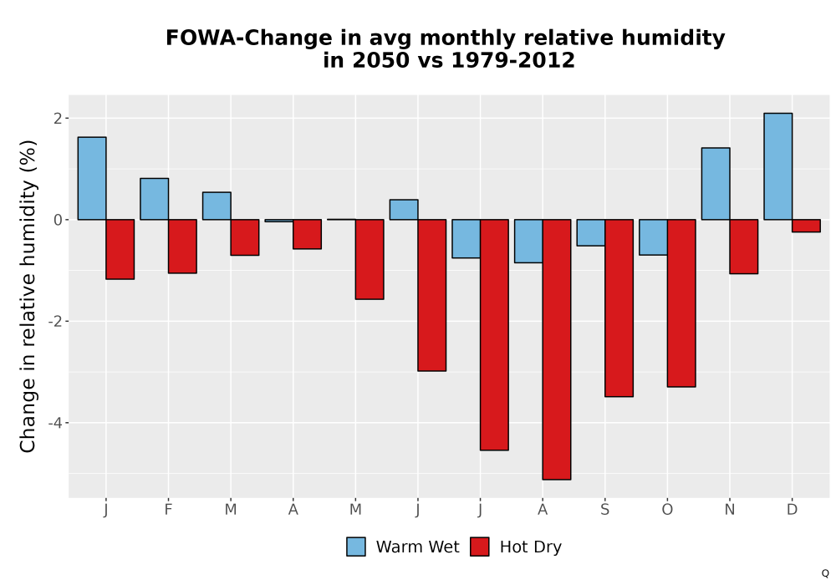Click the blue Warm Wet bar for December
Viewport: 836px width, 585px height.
[x=777, y=166]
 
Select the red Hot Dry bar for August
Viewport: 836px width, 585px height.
[x=557, y=349]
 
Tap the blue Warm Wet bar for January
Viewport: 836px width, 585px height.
[x=92, y=179]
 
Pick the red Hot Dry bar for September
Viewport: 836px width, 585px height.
[x=619, y=308]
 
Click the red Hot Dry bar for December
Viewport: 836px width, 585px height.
[x=806, y=226]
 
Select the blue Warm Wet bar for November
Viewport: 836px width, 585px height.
[x=716, y=184]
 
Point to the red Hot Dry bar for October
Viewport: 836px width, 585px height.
[x=681, y=303]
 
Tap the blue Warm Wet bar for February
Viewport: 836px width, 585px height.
[x=154, y=199]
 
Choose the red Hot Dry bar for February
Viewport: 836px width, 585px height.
[x=182, y=247]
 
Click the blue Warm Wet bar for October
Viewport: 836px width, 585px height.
[x=653, y=237]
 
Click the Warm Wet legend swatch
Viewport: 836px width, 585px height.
[x=355, y=547]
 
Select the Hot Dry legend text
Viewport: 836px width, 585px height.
[x=531, y=547]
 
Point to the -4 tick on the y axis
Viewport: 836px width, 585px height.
[x=59, y=423]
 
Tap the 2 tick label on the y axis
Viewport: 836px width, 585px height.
[x=59, y=119]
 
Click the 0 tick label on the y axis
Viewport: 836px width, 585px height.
[x=59, y=220]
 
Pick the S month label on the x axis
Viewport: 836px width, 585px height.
[x=604, y=510]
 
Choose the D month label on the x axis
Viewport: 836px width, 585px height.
[x=792, y=510]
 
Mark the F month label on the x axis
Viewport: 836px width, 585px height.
[x=169, y=510]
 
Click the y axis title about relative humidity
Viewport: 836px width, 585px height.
[x=28, y=296]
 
